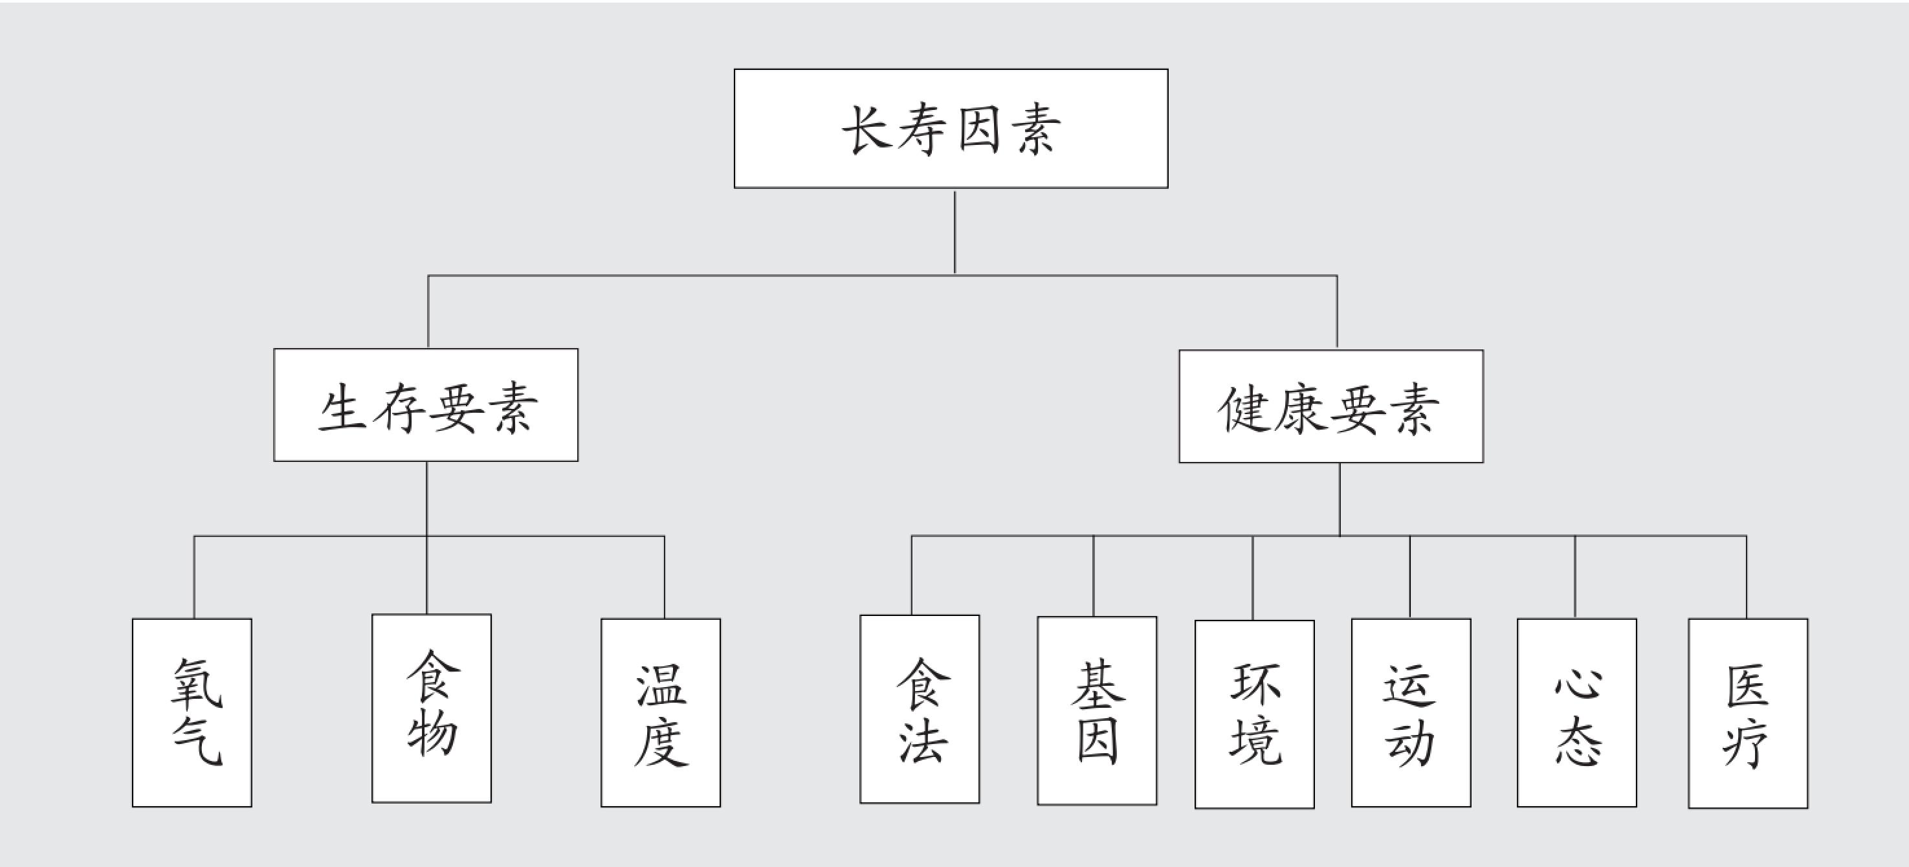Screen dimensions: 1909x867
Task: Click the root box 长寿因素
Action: click(951, 128)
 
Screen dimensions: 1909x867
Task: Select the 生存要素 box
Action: click(425, 404)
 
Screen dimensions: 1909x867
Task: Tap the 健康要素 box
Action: click(1331, 406)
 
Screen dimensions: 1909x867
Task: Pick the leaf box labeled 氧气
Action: click(192, 712)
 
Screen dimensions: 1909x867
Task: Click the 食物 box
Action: click(431, 708)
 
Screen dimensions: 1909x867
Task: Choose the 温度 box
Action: click(660, 712)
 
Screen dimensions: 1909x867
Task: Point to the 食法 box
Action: click(920, 709)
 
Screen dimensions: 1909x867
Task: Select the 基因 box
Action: click(1097, 710)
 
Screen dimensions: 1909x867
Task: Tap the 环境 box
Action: click(1255, 714)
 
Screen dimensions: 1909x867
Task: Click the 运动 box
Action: click(1411, 712)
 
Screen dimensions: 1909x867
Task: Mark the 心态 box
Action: click(1577, 712)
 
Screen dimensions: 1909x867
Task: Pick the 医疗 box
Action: click(1748, 713)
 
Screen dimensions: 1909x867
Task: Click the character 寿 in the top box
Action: click(923, 129)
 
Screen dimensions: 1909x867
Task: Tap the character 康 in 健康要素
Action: click(1301, 408)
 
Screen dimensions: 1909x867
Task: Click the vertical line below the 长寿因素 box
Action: click(954, 232)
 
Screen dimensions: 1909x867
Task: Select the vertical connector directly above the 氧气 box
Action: click(194, 576)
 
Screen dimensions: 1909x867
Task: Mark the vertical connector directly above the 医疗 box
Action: click(1747, 576)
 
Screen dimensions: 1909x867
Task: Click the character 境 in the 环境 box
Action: click(1255, 743)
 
